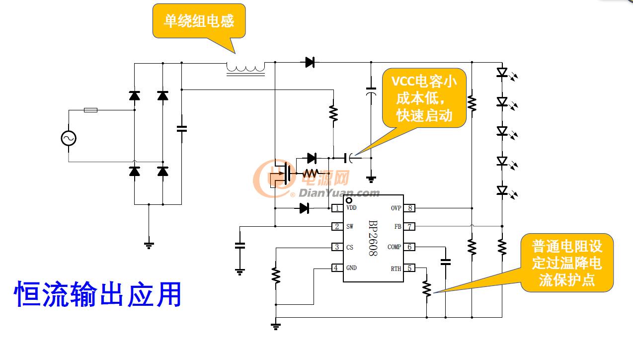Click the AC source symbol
(x=69, y=138)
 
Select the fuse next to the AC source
(x=90, y=110)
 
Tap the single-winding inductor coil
(x=245, y=68)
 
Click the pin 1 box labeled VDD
(x=337, y=208)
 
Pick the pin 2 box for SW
(x=337, y=227)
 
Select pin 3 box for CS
(x=337, y=247)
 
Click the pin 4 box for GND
(x=337, y=268)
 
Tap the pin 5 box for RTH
(x=409, y=268)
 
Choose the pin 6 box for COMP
(x=409, y=247)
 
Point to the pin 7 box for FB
(x=409, y=227)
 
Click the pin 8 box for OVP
(x=409, y=208)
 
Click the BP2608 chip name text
(x=373, y=238)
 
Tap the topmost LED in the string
(x=502, y=73)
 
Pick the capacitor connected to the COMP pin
(x=446, y=262)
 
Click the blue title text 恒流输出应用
(x=97, y=294)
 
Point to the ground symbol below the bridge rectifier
(x=149, y=245)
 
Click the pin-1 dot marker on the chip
(x=349, y=200)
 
